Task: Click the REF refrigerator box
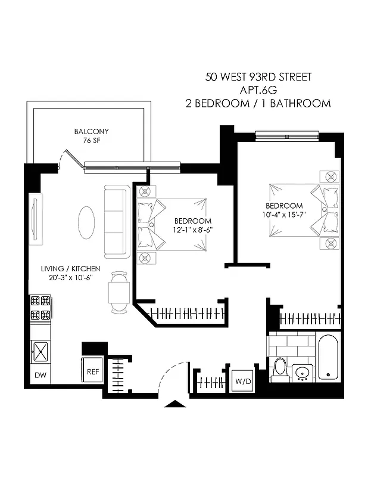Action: pos(93,371)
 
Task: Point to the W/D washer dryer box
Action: pos(242,380)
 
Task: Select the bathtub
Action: pos(328,358)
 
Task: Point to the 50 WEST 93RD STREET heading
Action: pos(258,77)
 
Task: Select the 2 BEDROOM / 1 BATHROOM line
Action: pos(258,103)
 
